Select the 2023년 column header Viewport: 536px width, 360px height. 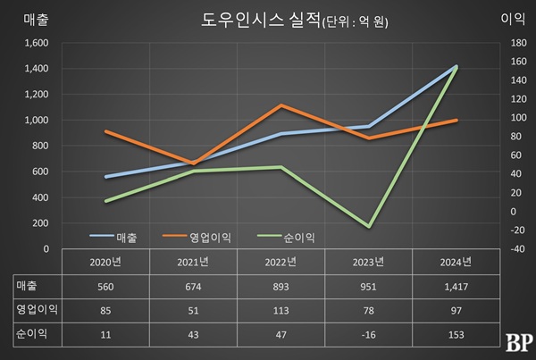point(369,262)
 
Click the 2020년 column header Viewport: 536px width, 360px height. point(105,262)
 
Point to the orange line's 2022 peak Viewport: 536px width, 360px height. point(281,105)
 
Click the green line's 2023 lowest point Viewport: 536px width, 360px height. point(369,227)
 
